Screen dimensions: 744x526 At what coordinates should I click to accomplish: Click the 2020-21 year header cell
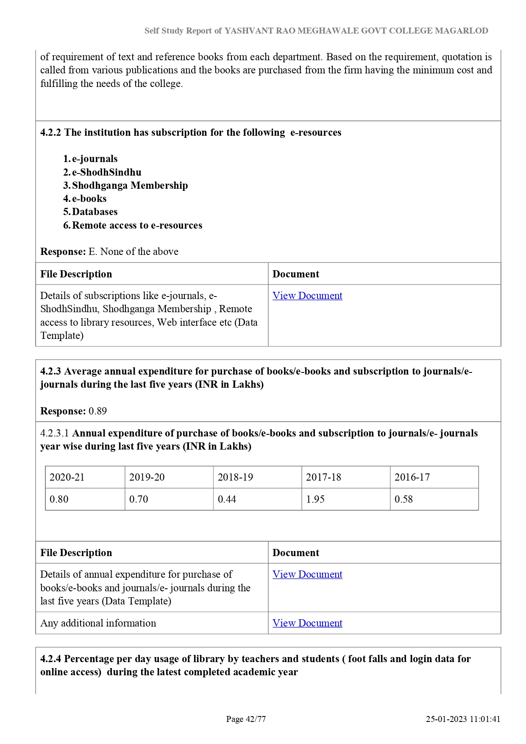67,477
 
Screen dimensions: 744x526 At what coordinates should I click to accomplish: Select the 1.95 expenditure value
315,499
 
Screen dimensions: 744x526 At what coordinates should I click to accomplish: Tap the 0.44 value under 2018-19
227,499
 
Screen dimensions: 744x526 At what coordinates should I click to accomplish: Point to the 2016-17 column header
412,477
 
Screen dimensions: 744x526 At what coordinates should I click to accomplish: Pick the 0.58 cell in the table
404,499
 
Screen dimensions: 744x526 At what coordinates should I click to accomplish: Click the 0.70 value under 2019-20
139,499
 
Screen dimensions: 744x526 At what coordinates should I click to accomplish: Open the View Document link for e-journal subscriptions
307,296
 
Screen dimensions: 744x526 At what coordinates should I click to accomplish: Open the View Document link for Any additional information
307,623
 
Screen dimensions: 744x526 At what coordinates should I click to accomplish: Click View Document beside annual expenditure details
307,574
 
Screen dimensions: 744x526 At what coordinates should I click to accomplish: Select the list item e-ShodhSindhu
106,172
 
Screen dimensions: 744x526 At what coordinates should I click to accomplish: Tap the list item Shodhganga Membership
130,185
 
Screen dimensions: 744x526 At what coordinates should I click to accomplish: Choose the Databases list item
95,212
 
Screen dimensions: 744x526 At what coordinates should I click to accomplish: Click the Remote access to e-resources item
137,225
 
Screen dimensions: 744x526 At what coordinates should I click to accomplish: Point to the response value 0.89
97,411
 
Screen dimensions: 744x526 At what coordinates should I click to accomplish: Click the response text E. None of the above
133,252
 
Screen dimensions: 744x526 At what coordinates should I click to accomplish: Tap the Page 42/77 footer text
246,719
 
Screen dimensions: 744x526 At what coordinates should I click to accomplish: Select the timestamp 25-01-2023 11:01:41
463,719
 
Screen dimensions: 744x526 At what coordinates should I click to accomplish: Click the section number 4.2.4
50,659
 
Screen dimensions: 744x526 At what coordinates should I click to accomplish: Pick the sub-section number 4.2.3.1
55,433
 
